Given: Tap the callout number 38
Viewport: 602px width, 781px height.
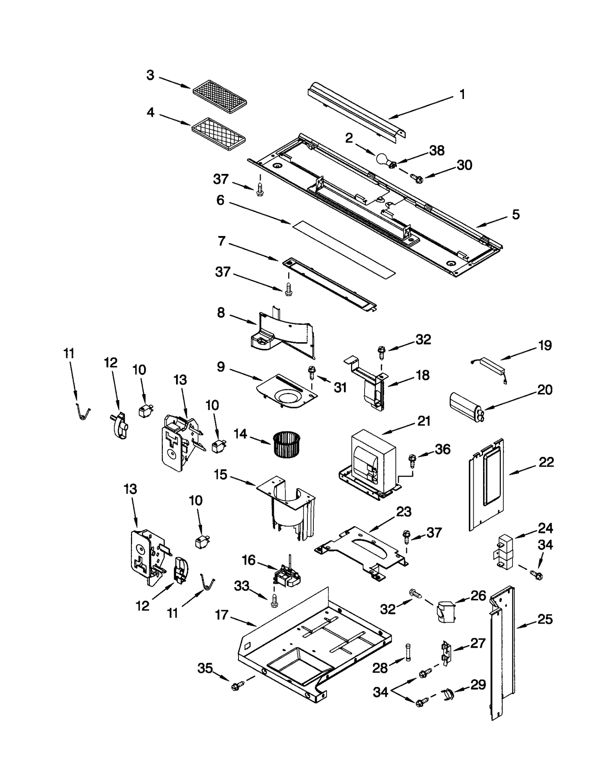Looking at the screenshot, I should click(x=437, y=151).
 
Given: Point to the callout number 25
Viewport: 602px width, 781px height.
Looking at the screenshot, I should click(x=545, y=619).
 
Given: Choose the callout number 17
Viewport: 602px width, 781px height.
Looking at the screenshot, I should click(x=222, y=615).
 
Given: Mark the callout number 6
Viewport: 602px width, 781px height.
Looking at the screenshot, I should click(x=220, y=200).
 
